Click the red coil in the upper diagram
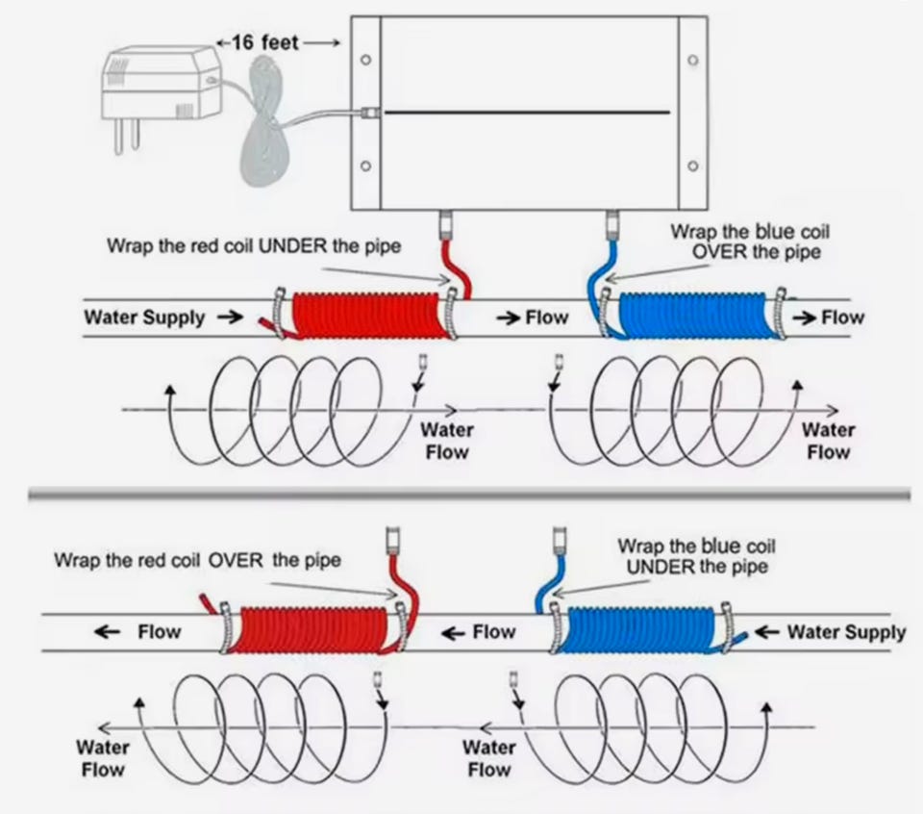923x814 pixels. [x=370, y=315]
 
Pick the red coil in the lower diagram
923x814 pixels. [x=317, y=632]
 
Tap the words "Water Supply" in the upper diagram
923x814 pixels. [x=144, y=318]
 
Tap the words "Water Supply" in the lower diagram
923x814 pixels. [x=846, y=632]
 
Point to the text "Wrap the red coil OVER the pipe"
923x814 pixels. [x=197, y=559]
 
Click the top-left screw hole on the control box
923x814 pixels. [x=365, y=60]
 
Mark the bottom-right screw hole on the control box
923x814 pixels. [x=693, y=165]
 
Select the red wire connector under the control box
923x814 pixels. [x=446, y=227]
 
